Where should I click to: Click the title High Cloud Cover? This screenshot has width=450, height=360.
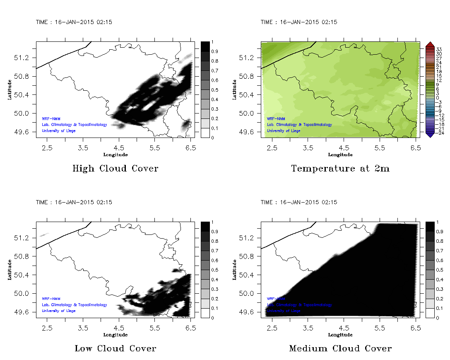click(x=115, y=169)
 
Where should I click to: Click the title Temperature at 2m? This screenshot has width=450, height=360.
click(x=340, y=169)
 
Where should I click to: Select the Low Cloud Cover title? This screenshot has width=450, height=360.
click(x=115, y=348)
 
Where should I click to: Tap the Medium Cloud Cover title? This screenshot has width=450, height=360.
click(x=340, y=348)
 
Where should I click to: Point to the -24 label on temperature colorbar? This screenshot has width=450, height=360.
click(x=438, y=133)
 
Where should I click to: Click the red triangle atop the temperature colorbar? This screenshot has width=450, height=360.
click(x=429, y=44)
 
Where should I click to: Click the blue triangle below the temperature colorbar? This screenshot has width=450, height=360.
click(x=429, y=135)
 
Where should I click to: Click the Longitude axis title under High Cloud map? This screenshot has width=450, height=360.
click(x=115, y=155)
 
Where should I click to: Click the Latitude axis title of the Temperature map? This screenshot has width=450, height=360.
click(x=234, y=89)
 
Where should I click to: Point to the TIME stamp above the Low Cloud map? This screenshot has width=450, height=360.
click(x=74, y=202)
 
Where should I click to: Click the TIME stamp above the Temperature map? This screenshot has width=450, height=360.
click(x=298, y=22)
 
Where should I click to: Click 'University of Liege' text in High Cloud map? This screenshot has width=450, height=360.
click(x=59, y=131)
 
